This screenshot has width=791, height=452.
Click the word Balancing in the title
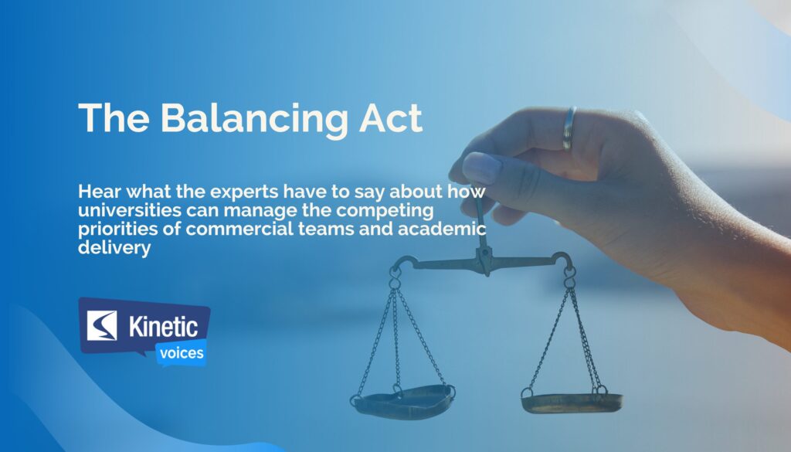coord(254,120)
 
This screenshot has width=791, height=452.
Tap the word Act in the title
coord(390,118)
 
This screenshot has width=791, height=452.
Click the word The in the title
coord(114,118)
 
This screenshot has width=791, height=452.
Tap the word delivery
coord(114,248)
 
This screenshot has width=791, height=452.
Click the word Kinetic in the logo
coord(163,326)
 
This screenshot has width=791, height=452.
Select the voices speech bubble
coord(182,352)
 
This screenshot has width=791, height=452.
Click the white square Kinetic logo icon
coord(102,325)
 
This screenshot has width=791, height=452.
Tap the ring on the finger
coord(569,128)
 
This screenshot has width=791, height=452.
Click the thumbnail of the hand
coord(480,167)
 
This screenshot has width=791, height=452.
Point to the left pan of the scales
coord(402,401)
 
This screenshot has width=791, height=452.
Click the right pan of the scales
coord(572,403)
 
